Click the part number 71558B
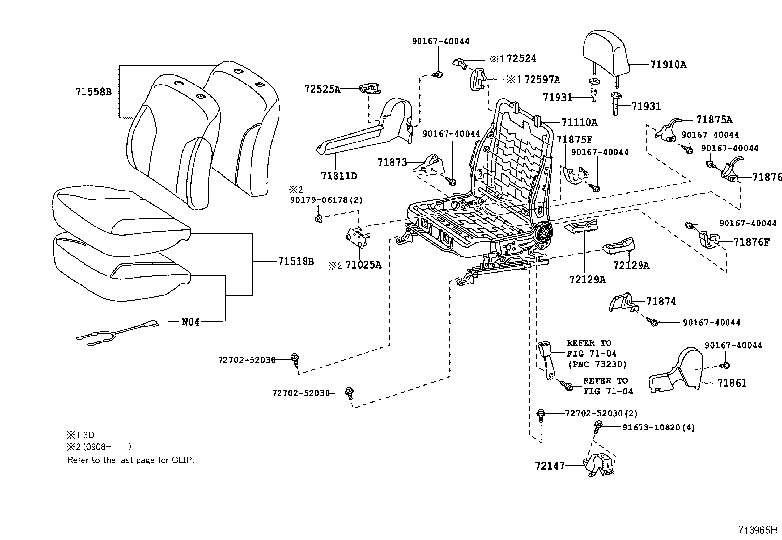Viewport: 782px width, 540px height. pyautogui.click(x=93, y=92)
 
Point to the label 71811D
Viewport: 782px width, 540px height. pyautogui.click(x=339, y=175)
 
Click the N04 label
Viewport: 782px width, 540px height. pyautogui.click(x=191, y=322)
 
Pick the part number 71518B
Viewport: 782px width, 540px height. pyautogui.click(x=296, y=262)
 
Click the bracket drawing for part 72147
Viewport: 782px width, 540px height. pyautogui.click(x=598, y=464)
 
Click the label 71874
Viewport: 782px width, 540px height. pyautogui.click(x=661, y=301)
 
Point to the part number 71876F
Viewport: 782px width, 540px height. pyautogui.click(x=752, y=242)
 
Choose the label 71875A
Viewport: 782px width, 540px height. pyautogui.click(x=714, y=120)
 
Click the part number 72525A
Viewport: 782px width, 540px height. pyautogui.click(x=322, y=89)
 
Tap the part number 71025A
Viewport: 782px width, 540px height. pyautogui.click(x=363, y=265)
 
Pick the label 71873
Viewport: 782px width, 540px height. pyautogui.click(x=392, y=162)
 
